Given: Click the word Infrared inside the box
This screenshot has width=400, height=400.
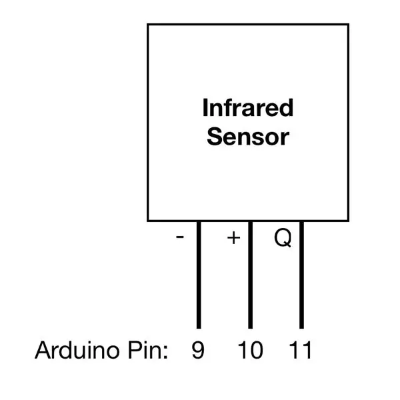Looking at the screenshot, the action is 248,107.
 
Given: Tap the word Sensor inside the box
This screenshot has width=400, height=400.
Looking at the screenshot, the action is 248,137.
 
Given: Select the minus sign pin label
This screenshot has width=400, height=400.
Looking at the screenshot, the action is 180,237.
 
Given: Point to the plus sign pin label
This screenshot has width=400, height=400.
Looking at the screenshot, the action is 233,238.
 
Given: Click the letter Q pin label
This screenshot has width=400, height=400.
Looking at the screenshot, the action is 283,238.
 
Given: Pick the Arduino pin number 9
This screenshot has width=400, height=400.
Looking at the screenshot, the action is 198,350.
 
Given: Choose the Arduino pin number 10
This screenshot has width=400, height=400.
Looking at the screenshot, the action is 250,350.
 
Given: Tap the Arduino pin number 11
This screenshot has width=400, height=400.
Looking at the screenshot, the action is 300,350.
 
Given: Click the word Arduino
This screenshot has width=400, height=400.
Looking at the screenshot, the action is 77,350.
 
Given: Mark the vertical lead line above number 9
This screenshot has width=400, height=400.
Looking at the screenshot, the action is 199,275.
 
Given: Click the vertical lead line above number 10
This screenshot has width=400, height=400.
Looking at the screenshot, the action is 250,275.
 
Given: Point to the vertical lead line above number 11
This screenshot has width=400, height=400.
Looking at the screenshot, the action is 301,275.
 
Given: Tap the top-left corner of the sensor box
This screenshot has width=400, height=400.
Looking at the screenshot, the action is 148,25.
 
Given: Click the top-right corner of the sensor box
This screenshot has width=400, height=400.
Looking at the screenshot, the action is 348,25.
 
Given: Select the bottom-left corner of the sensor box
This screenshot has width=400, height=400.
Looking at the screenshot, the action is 148,221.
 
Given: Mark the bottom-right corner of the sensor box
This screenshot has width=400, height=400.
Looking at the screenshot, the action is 348,221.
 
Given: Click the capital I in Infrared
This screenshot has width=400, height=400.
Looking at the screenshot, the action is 205,107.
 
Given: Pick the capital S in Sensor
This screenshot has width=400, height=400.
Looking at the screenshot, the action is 215,136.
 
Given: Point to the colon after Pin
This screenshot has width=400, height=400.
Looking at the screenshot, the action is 165,352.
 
